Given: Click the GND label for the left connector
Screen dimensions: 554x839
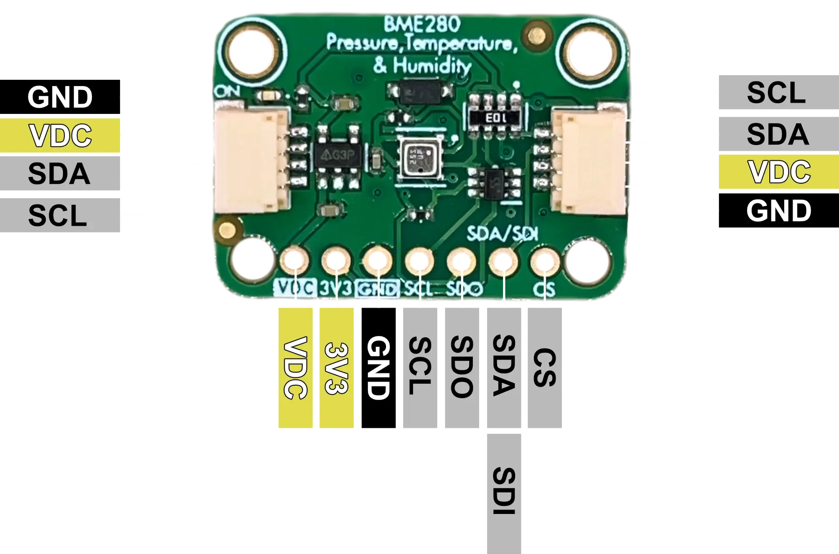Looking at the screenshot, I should tap(60, 97).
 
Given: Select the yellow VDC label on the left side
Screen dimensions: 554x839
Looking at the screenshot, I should tap(61, 135).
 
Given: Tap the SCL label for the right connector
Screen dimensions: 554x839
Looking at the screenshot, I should tap(776, 93).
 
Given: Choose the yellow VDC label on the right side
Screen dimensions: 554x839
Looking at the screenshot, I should tap(778, 172).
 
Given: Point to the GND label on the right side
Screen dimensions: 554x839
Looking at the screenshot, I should tap(779, 211).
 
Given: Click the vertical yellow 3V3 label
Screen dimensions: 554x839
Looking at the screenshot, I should tap(336, 368).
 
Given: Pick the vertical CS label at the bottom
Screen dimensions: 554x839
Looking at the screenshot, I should tap(545, 368).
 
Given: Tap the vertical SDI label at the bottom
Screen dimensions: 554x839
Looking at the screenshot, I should tap(503, 492).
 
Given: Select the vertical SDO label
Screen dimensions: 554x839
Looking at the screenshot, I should tap(462, 368).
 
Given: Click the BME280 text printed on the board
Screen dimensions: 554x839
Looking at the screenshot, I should tap(422, 24).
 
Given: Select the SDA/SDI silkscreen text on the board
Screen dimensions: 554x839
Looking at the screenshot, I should tap(503, 234).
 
